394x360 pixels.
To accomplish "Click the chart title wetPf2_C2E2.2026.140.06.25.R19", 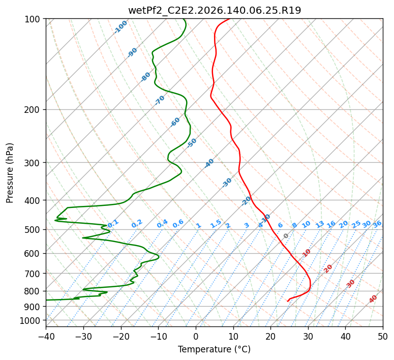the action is click(x=215, y=11).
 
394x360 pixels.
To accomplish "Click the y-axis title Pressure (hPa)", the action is click(x=9, y=173).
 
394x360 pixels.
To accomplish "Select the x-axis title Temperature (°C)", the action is click(x=215, y=349).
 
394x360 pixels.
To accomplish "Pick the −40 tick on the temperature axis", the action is click(x=46, y=336).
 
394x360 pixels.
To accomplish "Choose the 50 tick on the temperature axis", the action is click(x=383, y=336).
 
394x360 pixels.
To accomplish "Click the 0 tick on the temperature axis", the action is click(x=196, y=336).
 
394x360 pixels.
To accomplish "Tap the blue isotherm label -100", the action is click(x=120, y=27).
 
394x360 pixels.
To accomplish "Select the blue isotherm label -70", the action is click(x=160, y=100).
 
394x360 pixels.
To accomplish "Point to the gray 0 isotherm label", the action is click(x=286, y=236).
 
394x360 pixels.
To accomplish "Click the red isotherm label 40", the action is click(x=373, y=299).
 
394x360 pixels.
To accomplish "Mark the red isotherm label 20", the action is click(x=328, y=269).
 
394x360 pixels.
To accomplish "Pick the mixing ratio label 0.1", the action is click(x=113, y=223).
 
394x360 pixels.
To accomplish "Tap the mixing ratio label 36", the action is click(x=377, y=224).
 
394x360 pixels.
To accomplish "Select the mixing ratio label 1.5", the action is click(x=216, y=224).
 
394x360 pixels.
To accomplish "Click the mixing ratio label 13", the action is click(x=320, y=224).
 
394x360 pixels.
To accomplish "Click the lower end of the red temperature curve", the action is click(x=288, y=301).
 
